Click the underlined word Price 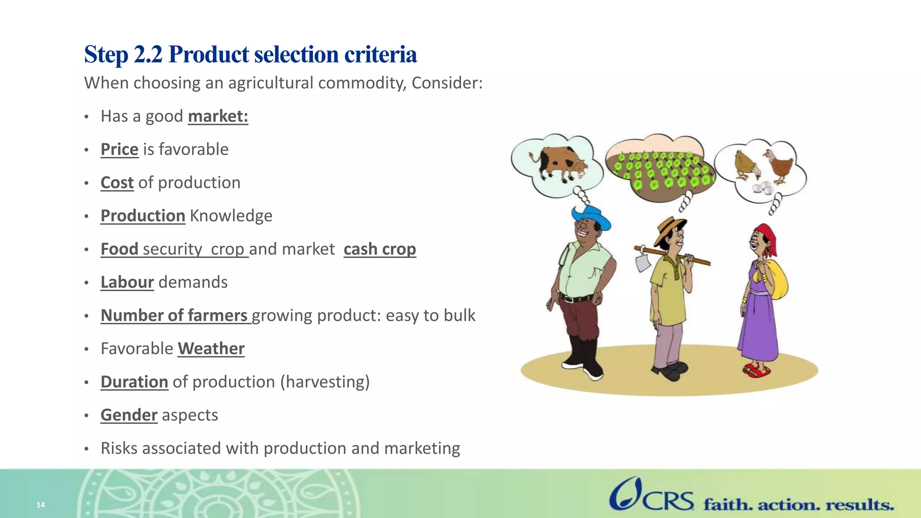pos(119,149)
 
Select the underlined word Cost pos(117,183)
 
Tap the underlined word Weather pos(211,348)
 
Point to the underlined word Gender pos(129,415)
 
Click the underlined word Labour pos(127,282)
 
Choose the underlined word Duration pos(134,382)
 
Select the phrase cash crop pos(380,249)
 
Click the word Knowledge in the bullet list pos(231,216)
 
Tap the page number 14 pos(40,505)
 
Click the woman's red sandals pos(756,371)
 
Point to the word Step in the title pos(106,55)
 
